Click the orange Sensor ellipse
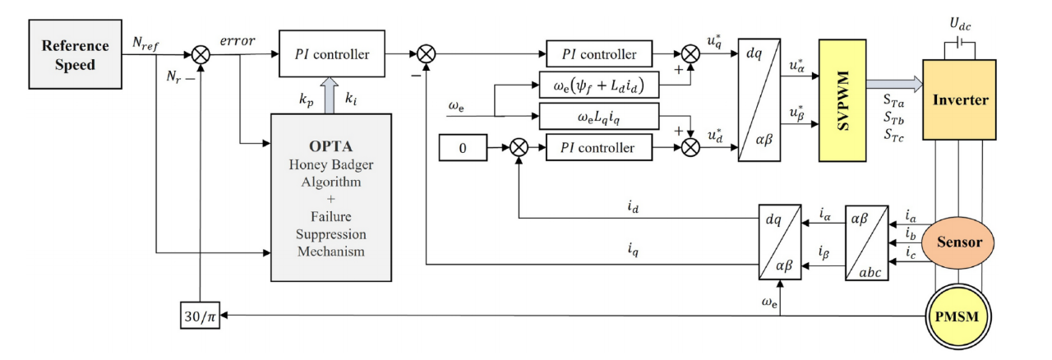point(959,242)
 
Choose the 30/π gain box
point(200,315)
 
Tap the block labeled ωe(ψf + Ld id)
point(598,85)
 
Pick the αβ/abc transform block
point(865,242)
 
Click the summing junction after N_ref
point(200,55)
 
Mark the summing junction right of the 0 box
point(518,149)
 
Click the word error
point(238,40)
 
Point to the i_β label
point(824,253)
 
